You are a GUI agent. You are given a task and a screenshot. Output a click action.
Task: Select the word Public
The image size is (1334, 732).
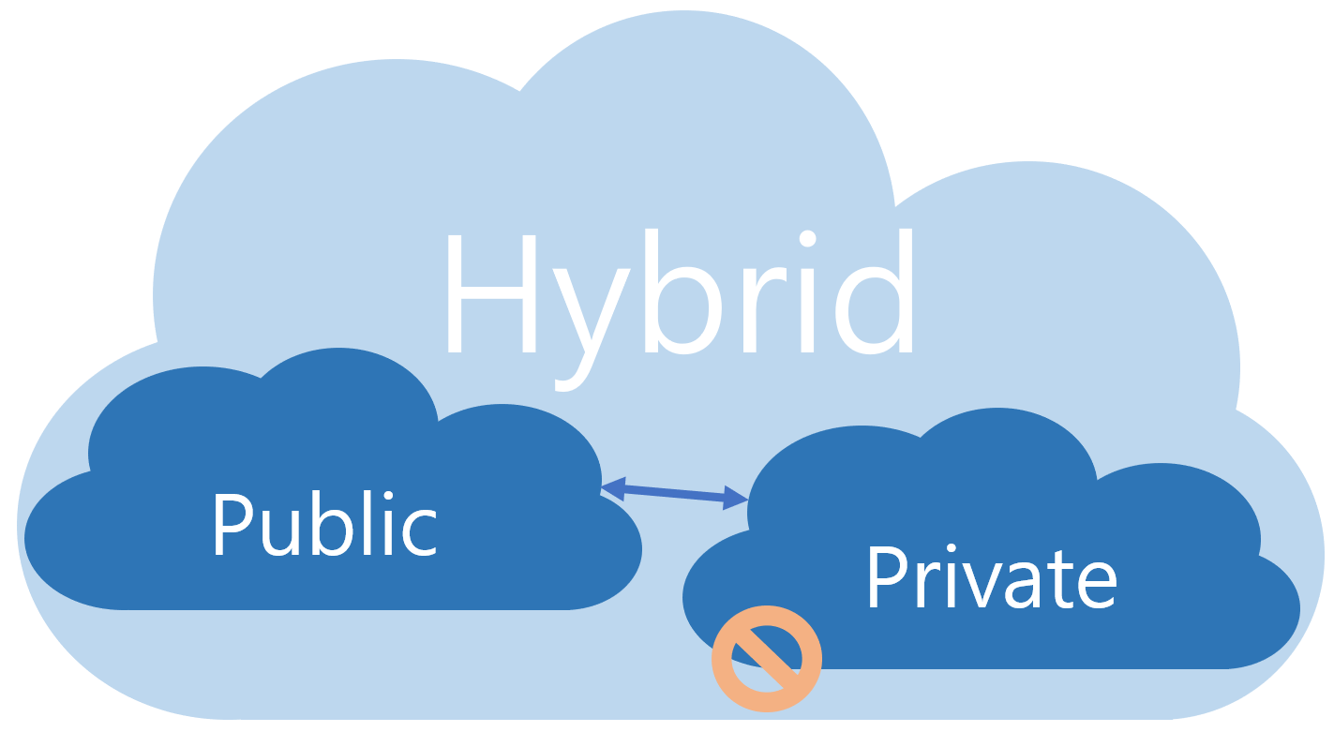tap(324, 524)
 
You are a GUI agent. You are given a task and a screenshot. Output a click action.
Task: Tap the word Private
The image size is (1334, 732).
tap(991, 576)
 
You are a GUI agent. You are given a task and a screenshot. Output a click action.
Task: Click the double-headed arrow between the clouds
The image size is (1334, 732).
tap(675, 493)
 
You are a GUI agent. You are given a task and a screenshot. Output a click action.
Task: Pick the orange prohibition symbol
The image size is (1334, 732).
tap(767, 658)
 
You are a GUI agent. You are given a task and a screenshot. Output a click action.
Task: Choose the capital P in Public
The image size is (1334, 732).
tap(231, 524)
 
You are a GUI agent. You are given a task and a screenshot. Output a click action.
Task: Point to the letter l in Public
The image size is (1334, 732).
tap(368, 520)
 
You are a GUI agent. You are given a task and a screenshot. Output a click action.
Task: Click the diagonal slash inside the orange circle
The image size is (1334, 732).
tap(767, 658)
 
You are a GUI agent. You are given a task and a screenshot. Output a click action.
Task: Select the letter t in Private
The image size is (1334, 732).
tap(1055, 579)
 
